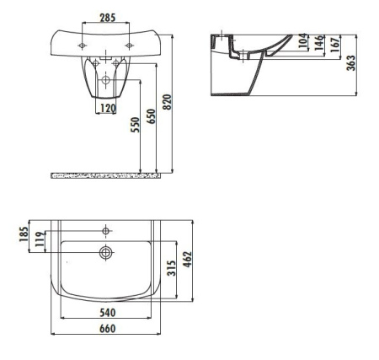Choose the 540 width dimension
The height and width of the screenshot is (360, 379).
pos(106,314)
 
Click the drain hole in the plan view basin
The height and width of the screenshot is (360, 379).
pos(106,251)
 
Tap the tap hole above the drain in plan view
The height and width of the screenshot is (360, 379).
pos(106,230)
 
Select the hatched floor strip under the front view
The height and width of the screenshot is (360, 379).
pos(105,175)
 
